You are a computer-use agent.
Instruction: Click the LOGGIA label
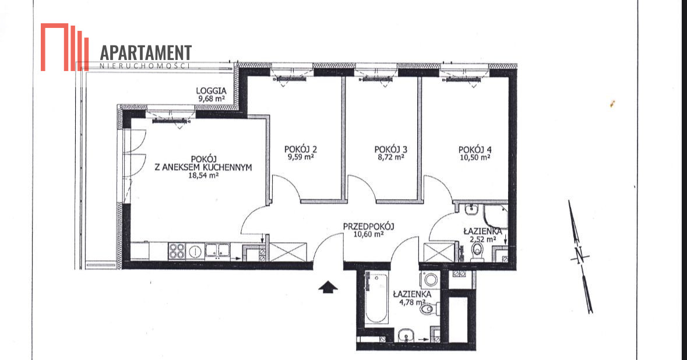[211, 91]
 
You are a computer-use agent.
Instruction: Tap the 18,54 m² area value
[203, 175]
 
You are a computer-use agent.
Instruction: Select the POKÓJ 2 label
[301, 149]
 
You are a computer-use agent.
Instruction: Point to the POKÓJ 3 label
[391, 149]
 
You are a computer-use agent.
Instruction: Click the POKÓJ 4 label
[475, 149]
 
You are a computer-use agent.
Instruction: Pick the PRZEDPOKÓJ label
[368, 227]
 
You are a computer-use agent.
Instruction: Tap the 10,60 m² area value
[368, 234]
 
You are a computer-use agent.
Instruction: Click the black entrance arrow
[328, 287]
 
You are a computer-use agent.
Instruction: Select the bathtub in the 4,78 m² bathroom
[376, 297]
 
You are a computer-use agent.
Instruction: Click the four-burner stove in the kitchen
[177, 252]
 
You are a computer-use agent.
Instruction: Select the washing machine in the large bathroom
[430, 280]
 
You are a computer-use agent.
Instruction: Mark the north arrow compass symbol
[581, 257]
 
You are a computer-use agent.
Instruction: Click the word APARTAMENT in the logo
[146, 52]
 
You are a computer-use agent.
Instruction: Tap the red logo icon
[65, 47]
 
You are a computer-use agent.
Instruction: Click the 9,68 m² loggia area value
[212, 98]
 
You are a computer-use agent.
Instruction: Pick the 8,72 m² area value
[391, 157]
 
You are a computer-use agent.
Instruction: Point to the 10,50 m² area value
[475, 157]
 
